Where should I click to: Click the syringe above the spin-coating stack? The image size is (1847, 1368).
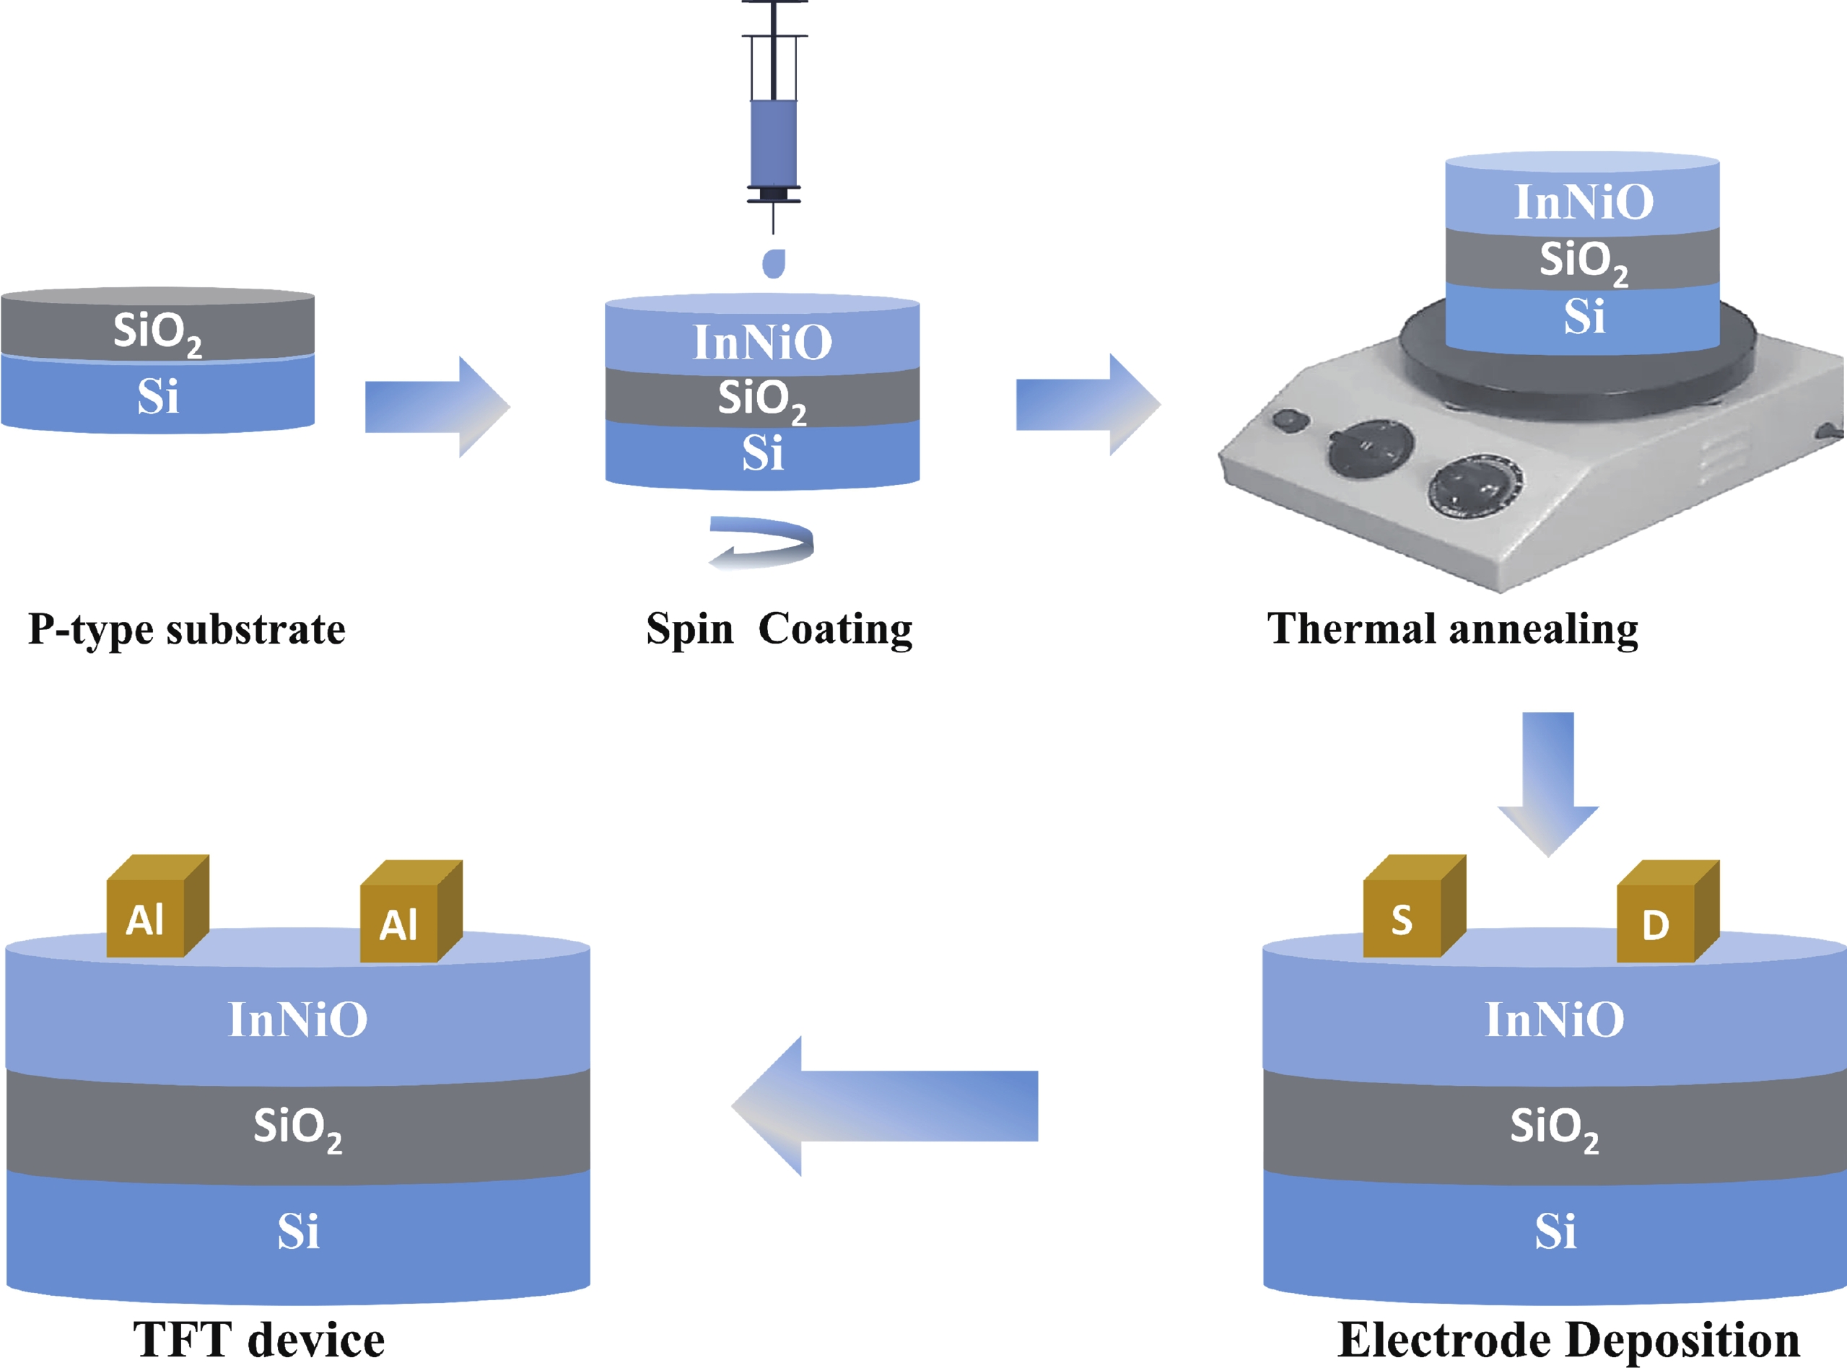[x=774, y=141]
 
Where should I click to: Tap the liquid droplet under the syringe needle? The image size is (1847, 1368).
[x=774, y=263]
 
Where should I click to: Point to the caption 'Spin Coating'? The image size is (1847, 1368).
[x=780, y=629]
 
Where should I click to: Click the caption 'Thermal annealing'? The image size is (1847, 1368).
[x=1452, y=629]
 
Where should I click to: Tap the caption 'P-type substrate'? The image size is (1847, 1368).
[x=186, y=630]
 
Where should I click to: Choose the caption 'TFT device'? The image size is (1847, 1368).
[x=258, y=1340]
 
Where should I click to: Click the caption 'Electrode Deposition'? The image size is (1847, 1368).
[x=1568, y=1340]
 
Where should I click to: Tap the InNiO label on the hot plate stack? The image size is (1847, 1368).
[x=1584, y=202]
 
